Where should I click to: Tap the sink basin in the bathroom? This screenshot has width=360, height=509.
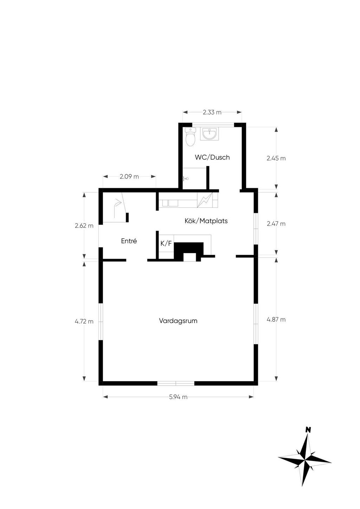(209, 134)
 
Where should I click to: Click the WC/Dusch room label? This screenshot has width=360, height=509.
(212, 157)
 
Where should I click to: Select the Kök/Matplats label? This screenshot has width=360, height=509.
(206, 221)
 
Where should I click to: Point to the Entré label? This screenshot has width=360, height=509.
(129, 241)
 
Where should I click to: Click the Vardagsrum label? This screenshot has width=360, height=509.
(178, 321)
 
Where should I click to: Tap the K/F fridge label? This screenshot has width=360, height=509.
(166, 244)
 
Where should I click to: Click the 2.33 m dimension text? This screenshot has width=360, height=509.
(212, 112)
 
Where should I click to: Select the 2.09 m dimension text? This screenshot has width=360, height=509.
(129, 176)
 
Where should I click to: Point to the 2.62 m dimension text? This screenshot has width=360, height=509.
(84, 226)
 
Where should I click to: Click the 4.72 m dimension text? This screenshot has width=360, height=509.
(84, 322)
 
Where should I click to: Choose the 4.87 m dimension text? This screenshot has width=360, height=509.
(276, 320)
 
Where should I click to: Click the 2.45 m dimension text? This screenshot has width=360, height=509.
(276, 159)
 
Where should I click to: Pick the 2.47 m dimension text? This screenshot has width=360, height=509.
(276, 224)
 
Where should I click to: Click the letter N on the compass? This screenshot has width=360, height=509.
(308, 430)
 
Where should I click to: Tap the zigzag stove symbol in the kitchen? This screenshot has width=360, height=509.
(205, 200)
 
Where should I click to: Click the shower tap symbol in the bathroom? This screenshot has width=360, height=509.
(186, 179)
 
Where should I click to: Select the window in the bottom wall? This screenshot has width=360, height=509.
(176, 384)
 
